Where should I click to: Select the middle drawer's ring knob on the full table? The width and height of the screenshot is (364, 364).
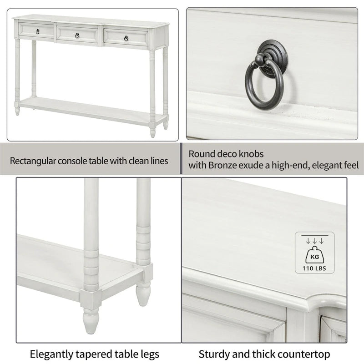(x=78, y=35)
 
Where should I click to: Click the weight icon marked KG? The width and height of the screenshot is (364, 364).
(x=314, y=253)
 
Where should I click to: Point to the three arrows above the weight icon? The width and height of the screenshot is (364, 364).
(x=314, y=241)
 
